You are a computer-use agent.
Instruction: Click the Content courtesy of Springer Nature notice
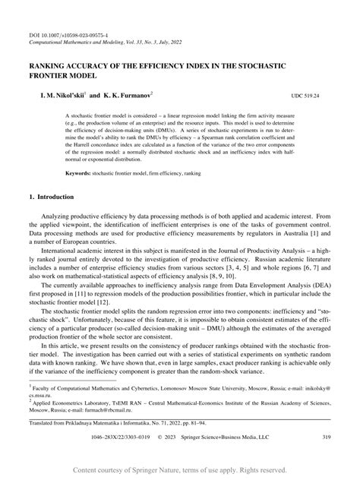click(x=180, y=469)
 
